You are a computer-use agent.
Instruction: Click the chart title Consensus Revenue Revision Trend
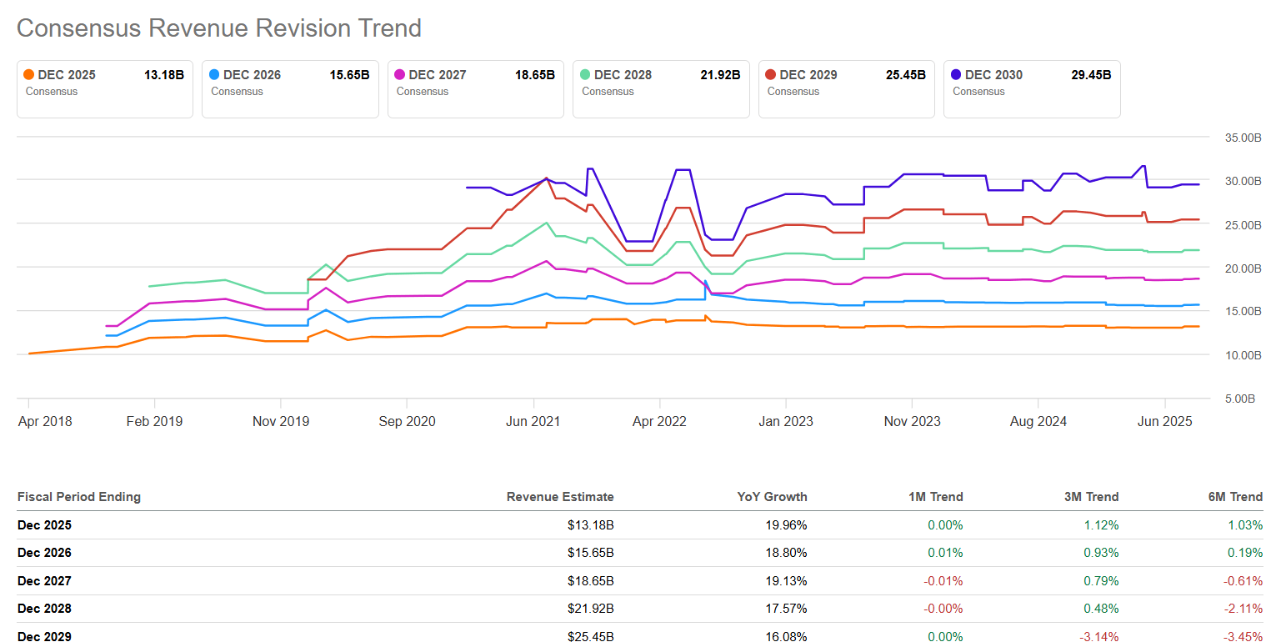[219, 28]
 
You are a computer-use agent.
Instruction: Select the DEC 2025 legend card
[104, 88]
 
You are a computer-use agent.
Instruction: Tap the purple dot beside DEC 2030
[956, 75]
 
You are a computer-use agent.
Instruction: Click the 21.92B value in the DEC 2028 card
[719, 75]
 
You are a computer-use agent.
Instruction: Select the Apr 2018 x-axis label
[45, 421]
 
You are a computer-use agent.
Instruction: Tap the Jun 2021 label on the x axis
[533, 421]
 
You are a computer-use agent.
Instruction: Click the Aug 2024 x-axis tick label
[1038, 421]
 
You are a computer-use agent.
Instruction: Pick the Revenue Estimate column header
[560, 497]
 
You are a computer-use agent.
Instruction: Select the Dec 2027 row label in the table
[44, 581]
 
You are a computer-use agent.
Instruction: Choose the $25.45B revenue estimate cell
[590, 637]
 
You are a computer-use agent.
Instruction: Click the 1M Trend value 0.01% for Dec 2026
[945, 553]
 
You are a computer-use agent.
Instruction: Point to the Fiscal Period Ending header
[79, 497]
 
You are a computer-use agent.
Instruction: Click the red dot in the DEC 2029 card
[771, 75]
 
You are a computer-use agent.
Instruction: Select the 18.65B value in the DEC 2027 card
[534, 75]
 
